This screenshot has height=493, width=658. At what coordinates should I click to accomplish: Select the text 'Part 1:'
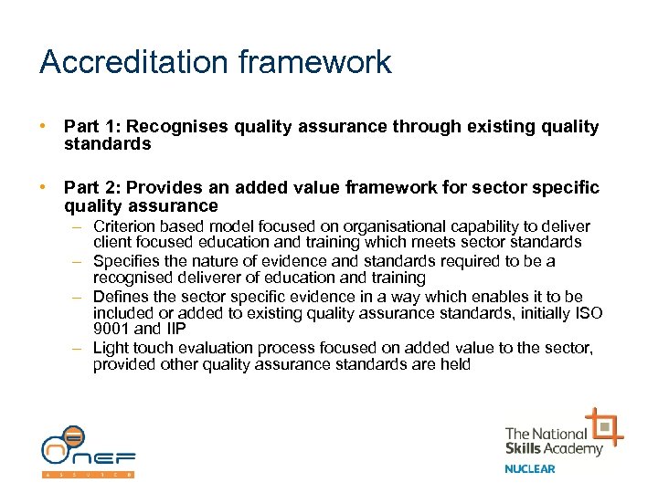click(x=91, y=127)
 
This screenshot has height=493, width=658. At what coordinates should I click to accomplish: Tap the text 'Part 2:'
click(x=91, y=187)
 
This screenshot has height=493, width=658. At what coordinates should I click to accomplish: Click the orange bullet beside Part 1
click(x=44, y=127)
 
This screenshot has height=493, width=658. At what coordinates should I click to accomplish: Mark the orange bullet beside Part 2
click(x=44, y=187)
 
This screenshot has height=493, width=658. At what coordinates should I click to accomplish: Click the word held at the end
click(x=455, y=364)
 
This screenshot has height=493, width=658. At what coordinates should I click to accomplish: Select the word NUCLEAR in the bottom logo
click(x=530, y=469)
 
